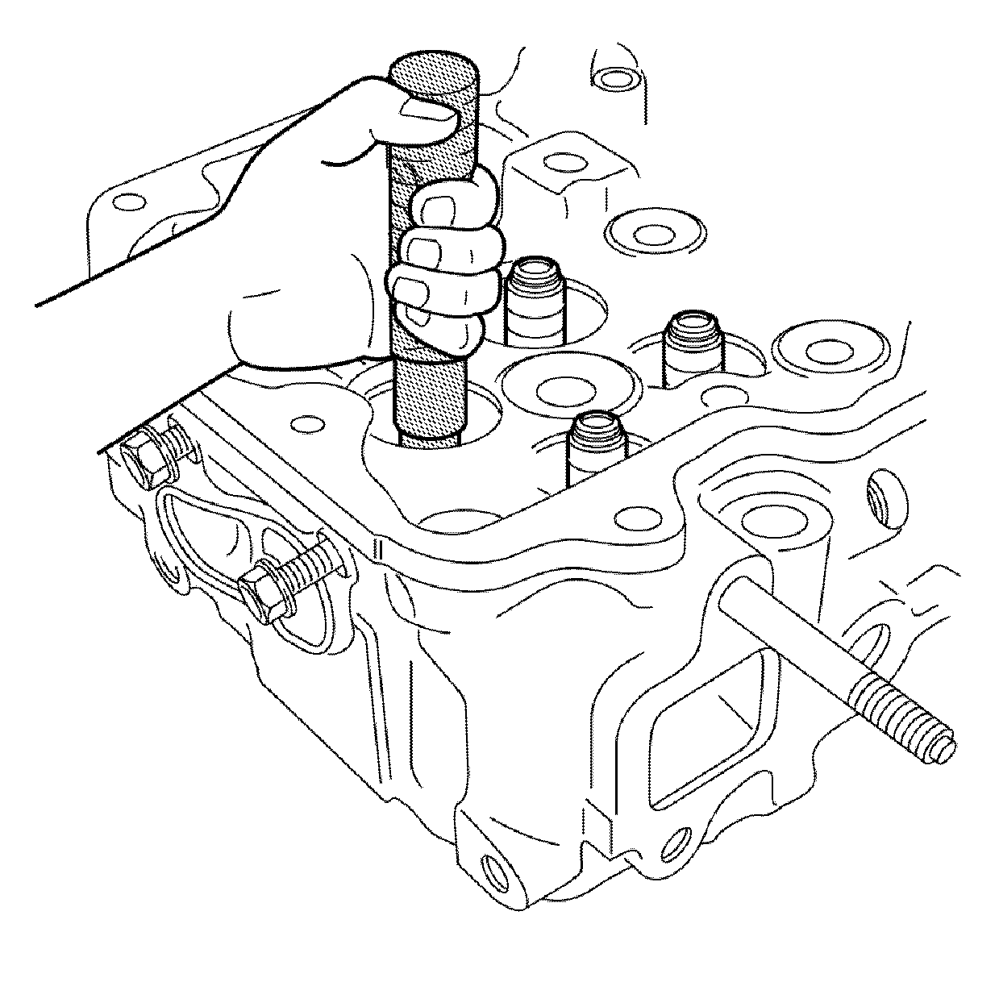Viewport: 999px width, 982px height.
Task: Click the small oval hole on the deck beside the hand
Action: coord(306,424)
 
